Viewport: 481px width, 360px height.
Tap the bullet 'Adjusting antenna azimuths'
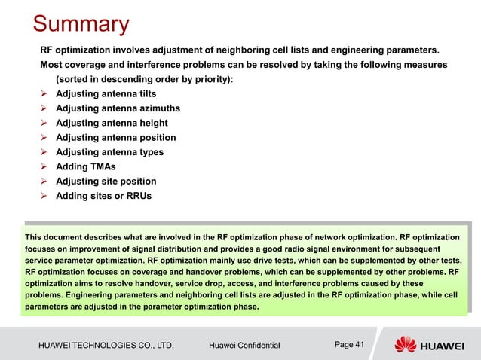tap(118, 108)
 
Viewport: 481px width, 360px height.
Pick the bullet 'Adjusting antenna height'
tap(112, 123)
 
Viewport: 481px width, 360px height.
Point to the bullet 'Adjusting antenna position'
tap(116, 138)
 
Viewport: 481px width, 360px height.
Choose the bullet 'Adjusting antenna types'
tap(110, 152)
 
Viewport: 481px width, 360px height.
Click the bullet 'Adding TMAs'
tap(86, 166)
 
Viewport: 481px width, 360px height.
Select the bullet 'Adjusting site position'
tap(106, 182)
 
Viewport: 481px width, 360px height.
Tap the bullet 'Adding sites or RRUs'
tap(104, 196)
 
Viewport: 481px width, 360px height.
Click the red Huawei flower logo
tap(406, 345)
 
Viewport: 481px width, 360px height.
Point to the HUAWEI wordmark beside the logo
tap(448, 346)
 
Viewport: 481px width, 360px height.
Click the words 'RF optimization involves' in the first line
tap(94, 50)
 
